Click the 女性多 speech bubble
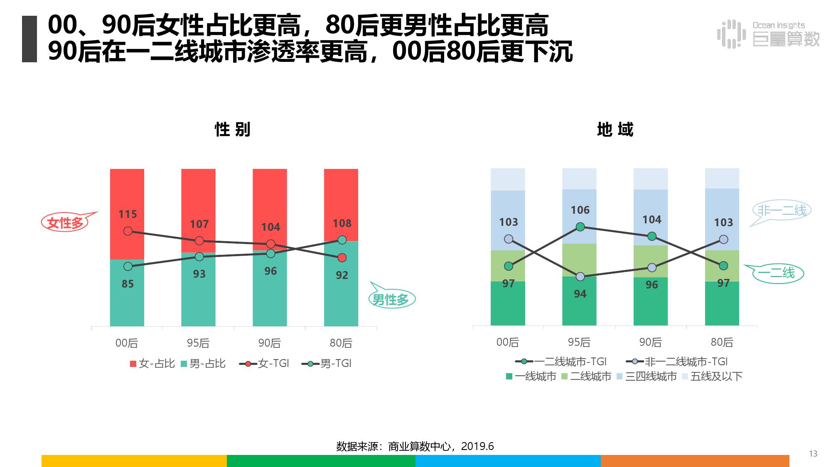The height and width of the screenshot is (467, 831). click(65, 223)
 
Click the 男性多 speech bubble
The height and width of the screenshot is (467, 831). click(391, 299)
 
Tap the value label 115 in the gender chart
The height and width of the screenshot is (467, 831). click(128, 214)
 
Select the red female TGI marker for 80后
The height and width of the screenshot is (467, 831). click(342, 258)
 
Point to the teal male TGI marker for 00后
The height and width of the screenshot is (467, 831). click(128, 267)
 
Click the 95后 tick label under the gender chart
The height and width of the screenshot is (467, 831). click(198, 343)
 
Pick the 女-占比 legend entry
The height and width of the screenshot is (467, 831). click(152, 364)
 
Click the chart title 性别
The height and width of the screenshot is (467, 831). click(233, 130)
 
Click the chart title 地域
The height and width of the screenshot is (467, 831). click(615, 130)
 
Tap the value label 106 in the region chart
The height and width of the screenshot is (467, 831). click(580, 210)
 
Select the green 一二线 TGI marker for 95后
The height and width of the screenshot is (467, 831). click(580, 227)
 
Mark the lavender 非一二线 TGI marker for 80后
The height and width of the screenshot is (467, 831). click(723, 240)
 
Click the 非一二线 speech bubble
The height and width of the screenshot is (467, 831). click(782, 210)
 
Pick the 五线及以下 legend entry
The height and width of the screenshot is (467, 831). click(712, 377)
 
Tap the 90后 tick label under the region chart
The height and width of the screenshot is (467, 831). click(651, 342)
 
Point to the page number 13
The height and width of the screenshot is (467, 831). click(813, 454)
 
